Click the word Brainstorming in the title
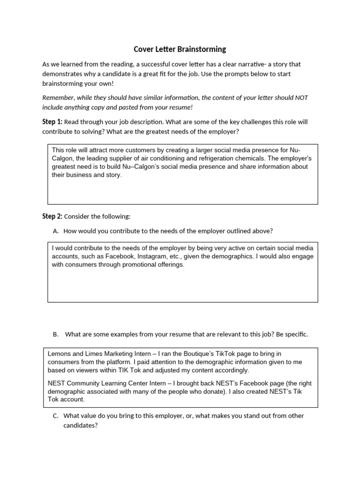202,49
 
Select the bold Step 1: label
52,122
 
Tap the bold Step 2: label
52,216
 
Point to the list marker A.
56,231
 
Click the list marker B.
56,334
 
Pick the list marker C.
56,416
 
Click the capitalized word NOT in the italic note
301,97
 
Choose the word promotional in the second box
136,265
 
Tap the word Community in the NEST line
88,383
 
